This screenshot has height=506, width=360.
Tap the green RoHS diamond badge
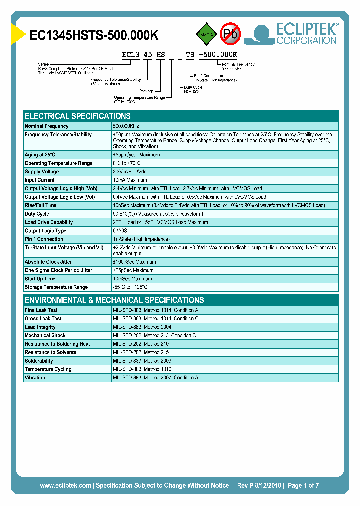pyautogui.click(x=205, y=34)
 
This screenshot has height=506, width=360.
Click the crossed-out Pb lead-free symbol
pyautogui.click(x=230, y=34)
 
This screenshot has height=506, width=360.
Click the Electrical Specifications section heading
pyautogui.click(x=78, y=116)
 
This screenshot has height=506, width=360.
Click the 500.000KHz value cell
pyautogui.click(x=126, y=126)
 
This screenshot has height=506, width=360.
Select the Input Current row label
pyautogui.click(x=40, y=180)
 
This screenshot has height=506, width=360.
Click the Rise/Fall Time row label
pyautogui.click(x=41, y=205)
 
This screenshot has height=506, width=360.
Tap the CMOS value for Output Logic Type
pyautogui.click(x=120, y=231)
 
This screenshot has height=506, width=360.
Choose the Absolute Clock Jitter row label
pyautogui.click(x=48, y=262)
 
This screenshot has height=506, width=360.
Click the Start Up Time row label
pyautogui.click(x=40, y=279)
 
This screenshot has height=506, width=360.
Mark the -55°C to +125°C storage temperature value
pyautogui.click(x=130, y=287)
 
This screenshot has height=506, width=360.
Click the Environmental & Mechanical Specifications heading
pyautogui.click(x=114, y=300)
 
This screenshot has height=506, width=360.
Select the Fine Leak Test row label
pyautogui.click(x=41, y=310)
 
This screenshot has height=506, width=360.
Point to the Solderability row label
pyautogui.click(x=39, y=361)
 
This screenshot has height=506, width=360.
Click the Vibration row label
pyautogui.click(x=35, y=378)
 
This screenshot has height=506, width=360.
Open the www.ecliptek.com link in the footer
pyautogui.click(x=65, y=485)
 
